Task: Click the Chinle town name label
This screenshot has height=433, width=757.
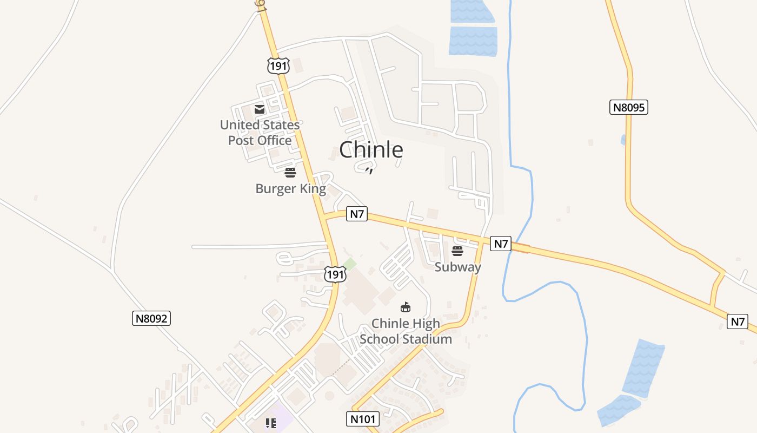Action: [x=371, y=149]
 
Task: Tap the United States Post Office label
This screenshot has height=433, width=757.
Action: [x=260, y=133]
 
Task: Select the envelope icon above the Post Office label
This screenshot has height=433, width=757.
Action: [x=260, y=109]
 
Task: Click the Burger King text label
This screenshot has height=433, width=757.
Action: [x=290, y=188]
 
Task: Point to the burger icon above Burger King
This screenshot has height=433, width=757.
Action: [x=290, y=173]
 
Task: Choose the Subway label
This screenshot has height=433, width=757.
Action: [x=457, y=267]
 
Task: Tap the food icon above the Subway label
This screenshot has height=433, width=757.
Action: [x=457, y=251]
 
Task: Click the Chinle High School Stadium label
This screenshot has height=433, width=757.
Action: [x=406, y=331]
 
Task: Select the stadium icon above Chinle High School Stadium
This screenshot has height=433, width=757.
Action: [x=405, y=307]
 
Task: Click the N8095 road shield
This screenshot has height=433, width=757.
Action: [x=629, y=107]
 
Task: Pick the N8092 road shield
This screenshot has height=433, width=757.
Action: [x=151, y=318]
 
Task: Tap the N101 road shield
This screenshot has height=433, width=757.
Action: [x=362, y=418]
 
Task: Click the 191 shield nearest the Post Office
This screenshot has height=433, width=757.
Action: [x=278, y=66]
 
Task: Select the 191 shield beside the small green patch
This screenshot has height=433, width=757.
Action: [x=335, y=274]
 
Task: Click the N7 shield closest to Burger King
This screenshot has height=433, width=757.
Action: [x=357, y=214]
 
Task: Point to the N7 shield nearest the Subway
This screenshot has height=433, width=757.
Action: [x=501, y=244]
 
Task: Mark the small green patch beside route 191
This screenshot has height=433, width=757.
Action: [x=350, y=265]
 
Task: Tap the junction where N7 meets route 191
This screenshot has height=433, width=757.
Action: [x=327, y=217]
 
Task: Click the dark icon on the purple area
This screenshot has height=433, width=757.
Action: [x=271, y=423]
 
